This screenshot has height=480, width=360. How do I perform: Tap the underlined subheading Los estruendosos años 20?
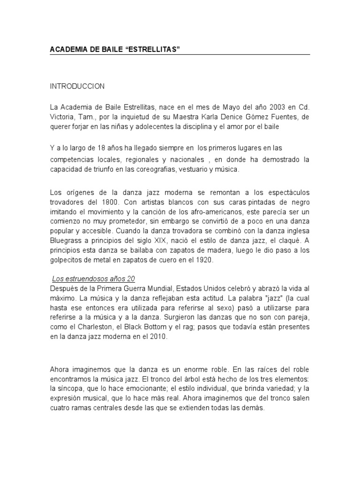[x=93, y=278]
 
